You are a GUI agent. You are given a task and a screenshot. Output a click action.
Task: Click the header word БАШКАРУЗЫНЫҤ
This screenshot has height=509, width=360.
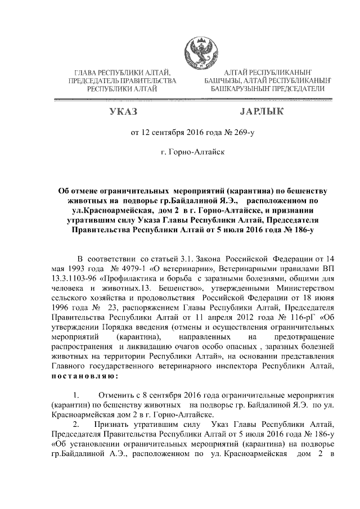point(238,89)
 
